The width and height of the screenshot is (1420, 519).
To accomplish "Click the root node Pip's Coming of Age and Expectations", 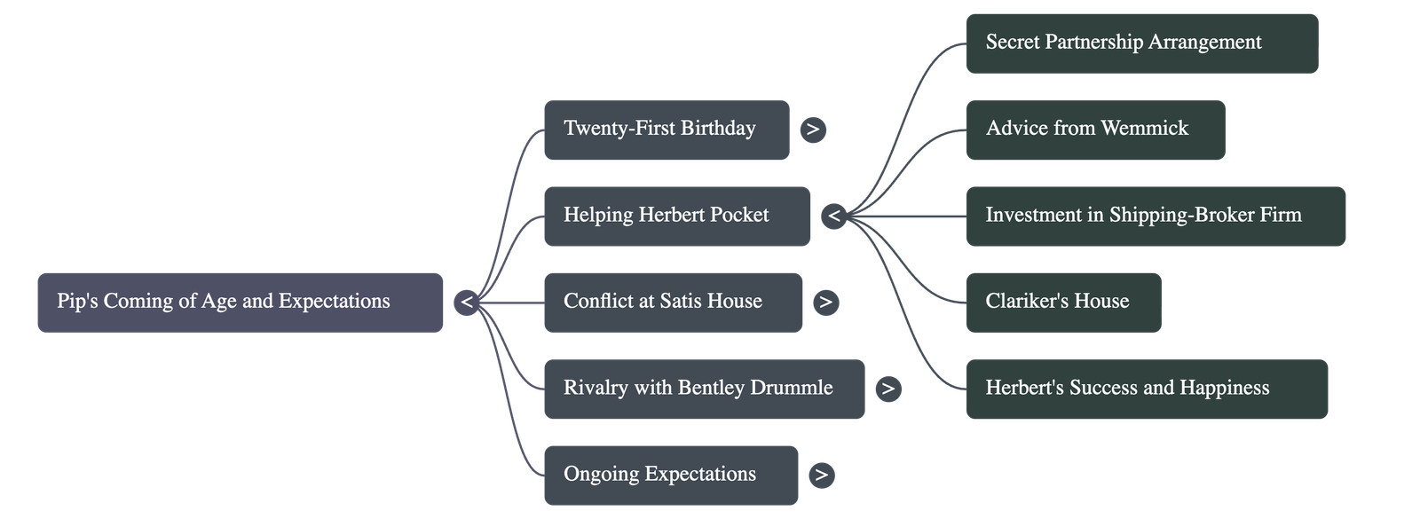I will click(240, 302).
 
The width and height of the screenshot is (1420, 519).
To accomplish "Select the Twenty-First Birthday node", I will click(666, 130).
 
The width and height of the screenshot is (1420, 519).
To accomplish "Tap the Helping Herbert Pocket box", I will click(676, 216).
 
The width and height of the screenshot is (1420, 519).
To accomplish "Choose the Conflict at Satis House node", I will click(673, 302).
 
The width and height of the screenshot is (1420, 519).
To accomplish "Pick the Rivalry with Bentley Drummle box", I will click(704, 389).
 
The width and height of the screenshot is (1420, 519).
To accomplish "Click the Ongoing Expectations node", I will click(670, 475).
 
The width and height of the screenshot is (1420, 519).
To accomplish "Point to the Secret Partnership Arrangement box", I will click(1141, 43).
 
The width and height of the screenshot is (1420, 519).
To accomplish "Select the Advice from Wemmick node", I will click(1094, 130).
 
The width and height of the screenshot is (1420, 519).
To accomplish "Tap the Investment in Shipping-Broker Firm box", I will click(1155, 216).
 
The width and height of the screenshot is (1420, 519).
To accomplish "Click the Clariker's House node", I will click(1062, 302).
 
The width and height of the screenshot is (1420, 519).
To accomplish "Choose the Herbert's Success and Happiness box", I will click(1146, 389).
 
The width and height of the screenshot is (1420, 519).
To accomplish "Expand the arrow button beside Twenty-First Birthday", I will click(812, 130).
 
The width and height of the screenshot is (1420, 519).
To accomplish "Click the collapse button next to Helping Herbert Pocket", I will click(833, 216).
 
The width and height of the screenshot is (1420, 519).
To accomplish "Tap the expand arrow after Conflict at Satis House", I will click(825, 302).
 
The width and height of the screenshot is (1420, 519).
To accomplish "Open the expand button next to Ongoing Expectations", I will click(821, 475).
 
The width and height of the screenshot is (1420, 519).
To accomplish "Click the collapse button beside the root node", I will click(466, 303).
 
